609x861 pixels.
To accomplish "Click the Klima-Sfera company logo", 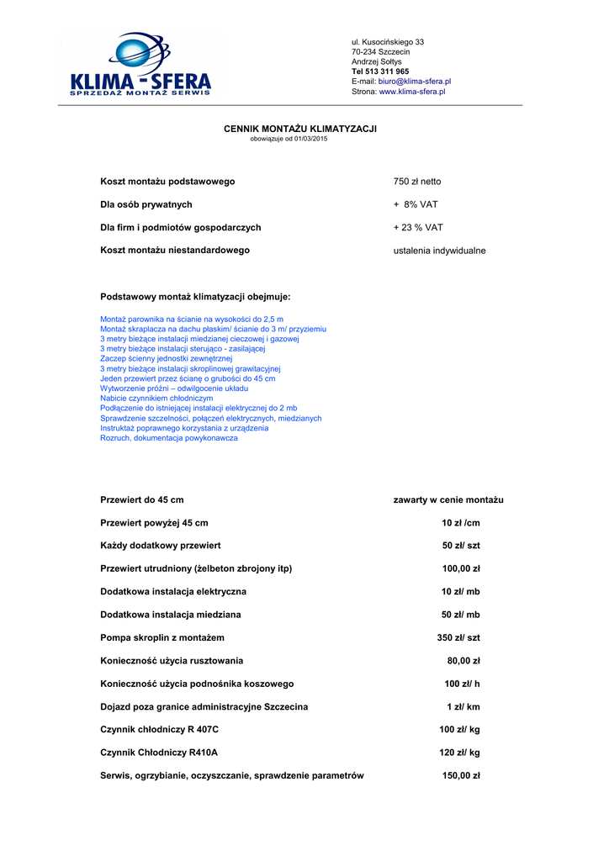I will pyautogui.click(x=140, y=66).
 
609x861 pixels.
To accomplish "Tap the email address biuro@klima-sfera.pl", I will pyautogui.click(x=415, y=82).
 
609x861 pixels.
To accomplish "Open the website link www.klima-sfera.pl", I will pyautogui.click(x=412, y=92).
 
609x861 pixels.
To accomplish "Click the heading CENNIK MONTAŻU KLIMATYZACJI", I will pyautogui.click(x=299, y=129).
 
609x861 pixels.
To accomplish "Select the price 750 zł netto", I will pyautogui.click(x=417, y=182).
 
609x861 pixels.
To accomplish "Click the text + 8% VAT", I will pyautogui.click(x=416, y=204).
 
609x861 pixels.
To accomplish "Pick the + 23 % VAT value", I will pyautogui.click(x=418, y=228).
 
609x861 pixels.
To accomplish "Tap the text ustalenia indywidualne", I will pyautogui.click(x=439, y=251).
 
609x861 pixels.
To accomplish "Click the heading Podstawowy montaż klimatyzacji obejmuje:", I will pyautogui.click(x=195, y=297).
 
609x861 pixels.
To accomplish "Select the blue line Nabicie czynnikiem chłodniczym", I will pyautogui.click(x=156, y=399).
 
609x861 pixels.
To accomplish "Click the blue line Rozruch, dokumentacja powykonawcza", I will pyautogui.click(x=168, y=438).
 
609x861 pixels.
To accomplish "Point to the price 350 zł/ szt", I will pyautogui.click(x=458, y=638).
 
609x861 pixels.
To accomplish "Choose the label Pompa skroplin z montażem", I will pyautogui.click(x=162, y=638).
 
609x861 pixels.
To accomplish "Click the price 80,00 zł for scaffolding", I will pyautogui.click(x=463, y=661).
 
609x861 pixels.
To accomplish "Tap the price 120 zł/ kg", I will pyautogui.click(x=459, y=753).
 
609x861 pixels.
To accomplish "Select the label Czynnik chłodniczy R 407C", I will pyautogui.click(x=159, y=730).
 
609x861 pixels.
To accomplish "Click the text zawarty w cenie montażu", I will pyautogui.click(x=448, y=500).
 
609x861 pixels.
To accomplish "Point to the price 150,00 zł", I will pyautogui.click(x=461, y=776).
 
